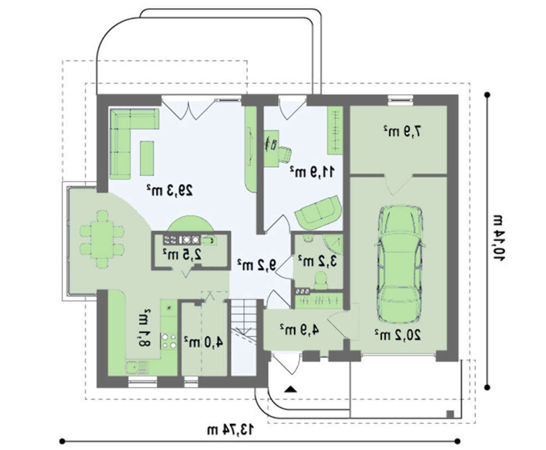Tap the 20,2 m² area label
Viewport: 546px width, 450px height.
[397, 335]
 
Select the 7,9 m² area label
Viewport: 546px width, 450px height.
[402, 131]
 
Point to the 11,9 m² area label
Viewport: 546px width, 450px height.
[312, 171]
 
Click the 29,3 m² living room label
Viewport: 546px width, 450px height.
[170, 190]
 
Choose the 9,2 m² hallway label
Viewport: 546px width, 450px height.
[256, 265]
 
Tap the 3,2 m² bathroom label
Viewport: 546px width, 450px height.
[318, 260]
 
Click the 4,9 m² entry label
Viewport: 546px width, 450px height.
[299, 330]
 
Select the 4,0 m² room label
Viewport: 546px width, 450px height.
[203, 342]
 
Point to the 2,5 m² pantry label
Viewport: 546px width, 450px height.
[182, 255]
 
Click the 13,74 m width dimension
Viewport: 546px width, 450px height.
[230, 429]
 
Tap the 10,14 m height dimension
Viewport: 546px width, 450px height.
[498, 237]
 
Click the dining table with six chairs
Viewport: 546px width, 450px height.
[102, 239]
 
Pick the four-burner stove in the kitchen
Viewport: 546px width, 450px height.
[169, 341]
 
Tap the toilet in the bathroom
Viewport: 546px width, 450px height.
[321, 280]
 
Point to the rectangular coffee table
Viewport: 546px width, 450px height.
[147, 158]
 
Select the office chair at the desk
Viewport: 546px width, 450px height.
[284, 154]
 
